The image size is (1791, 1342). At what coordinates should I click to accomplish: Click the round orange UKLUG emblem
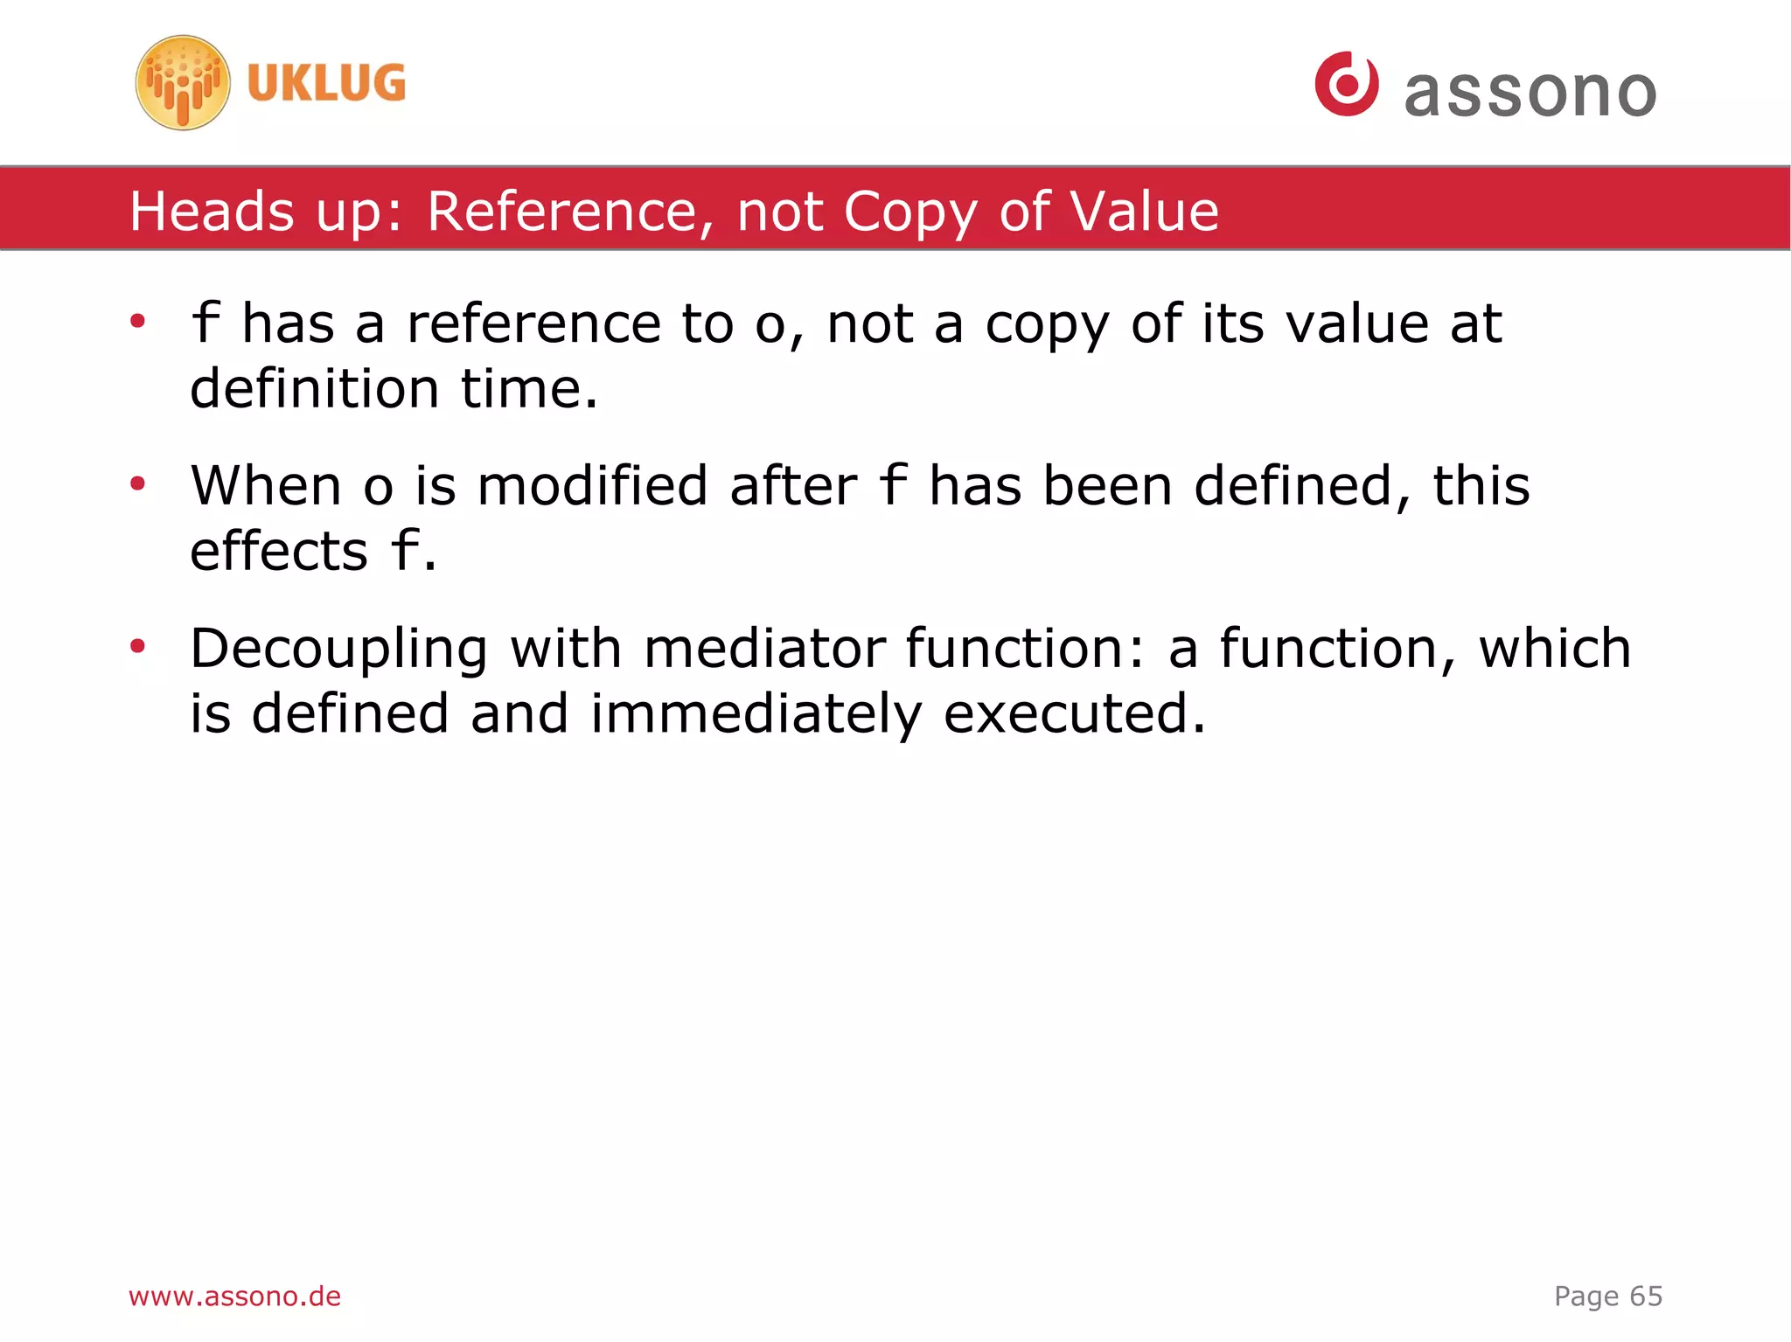click(183, 83)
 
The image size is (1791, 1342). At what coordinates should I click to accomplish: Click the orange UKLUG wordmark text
click(326, 83)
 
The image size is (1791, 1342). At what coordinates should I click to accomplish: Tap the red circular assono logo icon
click(1346, 84)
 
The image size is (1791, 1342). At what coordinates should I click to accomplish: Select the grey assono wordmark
click(1530, 93)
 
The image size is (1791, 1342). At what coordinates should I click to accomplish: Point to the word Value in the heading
click(1144, 212)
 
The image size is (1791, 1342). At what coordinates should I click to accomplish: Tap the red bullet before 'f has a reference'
click(137, 322)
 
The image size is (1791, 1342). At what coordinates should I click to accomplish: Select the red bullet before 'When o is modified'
click(137, 483)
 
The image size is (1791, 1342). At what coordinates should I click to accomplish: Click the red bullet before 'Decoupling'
click(137, 646)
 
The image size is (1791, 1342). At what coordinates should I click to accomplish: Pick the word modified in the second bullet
click(592, 486)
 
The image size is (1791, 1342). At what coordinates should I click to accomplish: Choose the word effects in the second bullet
click(279, 552)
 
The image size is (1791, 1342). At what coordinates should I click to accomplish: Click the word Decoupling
click(338, 650)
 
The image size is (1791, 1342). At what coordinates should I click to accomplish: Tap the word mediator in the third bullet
click(764, 649)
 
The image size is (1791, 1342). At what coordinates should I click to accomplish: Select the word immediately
click(756, 714)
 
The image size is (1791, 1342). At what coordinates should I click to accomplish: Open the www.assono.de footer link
click(234, 1296)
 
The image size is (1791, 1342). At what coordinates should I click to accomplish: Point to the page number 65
click(1645, 1296)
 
